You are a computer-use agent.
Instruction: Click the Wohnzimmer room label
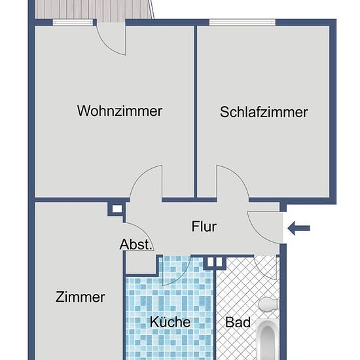click(x=120, y=111)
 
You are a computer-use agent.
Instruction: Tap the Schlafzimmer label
click(x=264, y=112)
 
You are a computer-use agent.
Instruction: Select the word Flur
click(x=204, y=226)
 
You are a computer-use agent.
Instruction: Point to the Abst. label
click(x=136, y=244)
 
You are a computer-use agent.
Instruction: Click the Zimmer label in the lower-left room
click(x=81, y=297)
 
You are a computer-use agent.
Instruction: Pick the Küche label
click(x=170, y=321)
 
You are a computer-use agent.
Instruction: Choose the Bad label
click(x=238, y=322)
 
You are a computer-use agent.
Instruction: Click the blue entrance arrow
click(x=298, y=228)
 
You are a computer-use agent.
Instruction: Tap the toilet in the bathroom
click(x=268, y=304)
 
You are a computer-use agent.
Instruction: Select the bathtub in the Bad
click(x=268, y=339)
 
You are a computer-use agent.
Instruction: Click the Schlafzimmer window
click(x=242, y=22)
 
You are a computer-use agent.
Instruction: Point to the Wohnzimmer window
click(x=73, y=22)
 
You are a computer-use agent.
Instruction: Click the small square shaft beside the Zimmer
click(x=117, y=209)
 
